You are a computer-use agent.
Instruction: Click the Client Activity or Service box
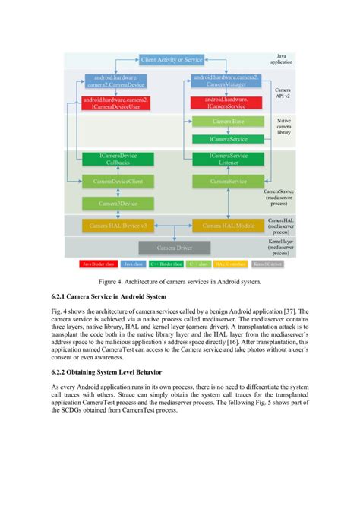click(x=172, y=58)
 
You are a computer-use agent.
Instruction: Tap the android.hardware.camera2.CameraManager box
click(x=226, y=80)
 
